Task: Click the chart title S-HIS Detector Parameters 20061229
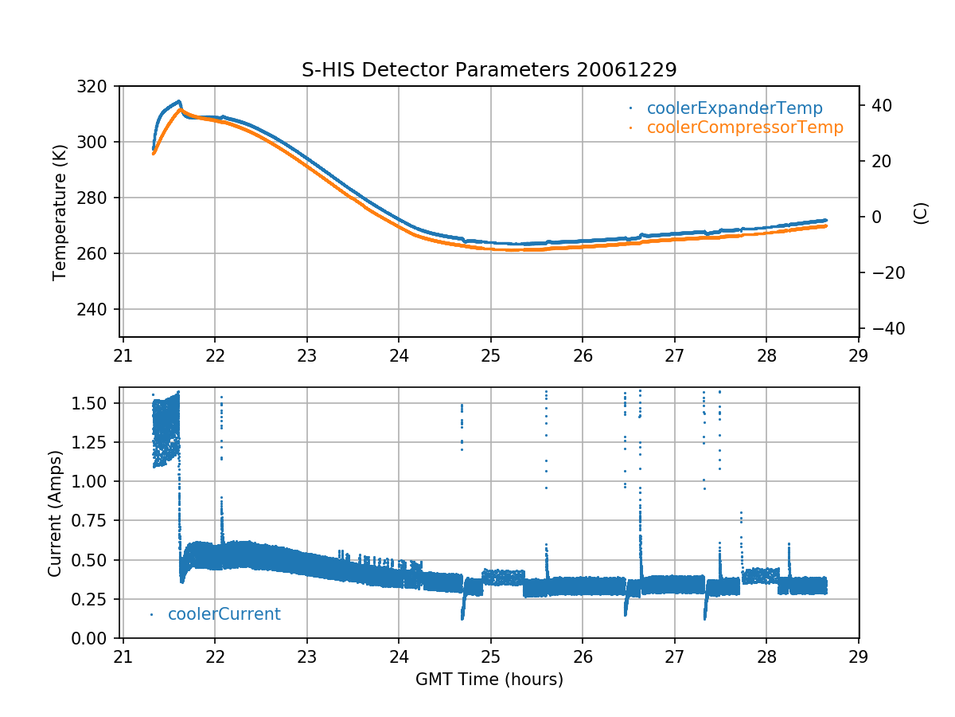[x=489, y=69]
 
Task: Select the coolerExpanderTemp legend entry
[x=734, y=108]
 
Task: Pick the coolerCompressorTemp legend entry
[x=744, y=127]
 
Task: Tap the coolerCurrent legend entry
[x=224, y=614]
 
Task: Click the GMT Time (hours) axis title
[x=489, y=680]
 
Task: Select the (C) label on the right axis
[x=921, y=213]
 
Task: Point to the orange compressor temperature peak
[x=181, y=109]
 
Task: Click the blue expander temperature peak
[x=179, y=101]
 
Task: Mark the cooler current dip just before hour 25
[x=462, y=616]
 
